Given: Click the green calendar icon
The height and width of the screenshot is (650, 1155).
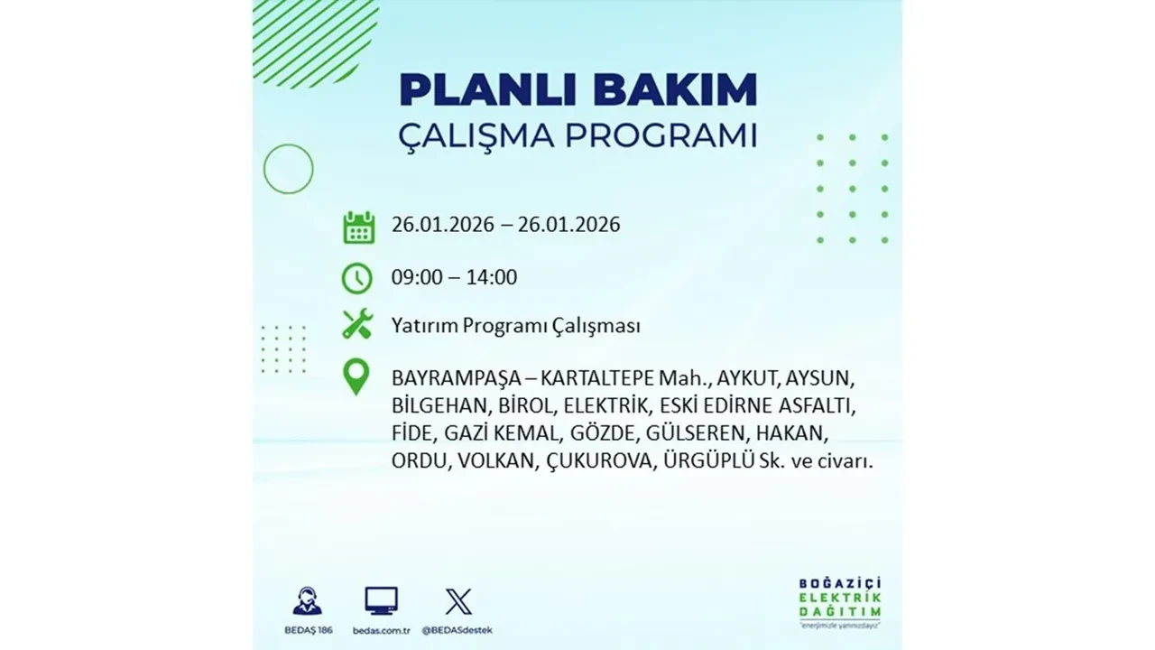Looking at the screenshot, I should pos(358,227).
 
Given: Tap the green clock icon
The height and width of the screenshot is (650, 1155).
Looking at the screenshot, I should pos(357,278).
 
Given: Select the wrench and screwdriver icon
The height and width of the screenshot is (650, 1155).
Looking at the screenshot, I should pos(357,324).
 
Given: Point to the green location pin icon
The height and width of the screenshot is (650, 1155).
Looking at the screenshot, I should pos(357,377).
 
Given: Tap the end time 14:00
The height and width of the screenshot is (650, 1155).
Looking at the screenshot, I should pos(493,277).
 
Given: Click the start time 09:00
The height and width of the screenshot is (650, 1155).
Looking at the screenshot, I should pos(417,277).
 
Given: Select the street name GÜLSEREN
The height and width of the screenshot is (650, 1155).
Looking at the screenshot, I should pos(694,432).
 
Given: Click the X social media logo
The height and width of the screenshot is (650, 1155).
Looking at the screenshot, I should pos(458,601).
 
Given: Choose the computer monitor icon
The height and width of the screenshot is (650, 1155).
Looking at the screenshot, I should pos(381,600).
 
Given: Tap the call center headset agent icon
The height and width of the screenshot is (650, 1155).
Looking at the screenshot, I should pos(307,601).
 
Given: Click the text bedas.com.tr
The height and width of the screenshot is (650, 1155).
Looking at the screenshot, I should pos(382,629).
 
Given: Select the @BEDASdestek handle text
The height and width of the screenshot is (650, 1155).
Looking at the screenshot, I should pos(458,629).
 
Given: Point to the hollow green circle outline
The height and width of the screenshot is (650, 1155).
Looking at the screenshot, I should pos(288,169).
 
